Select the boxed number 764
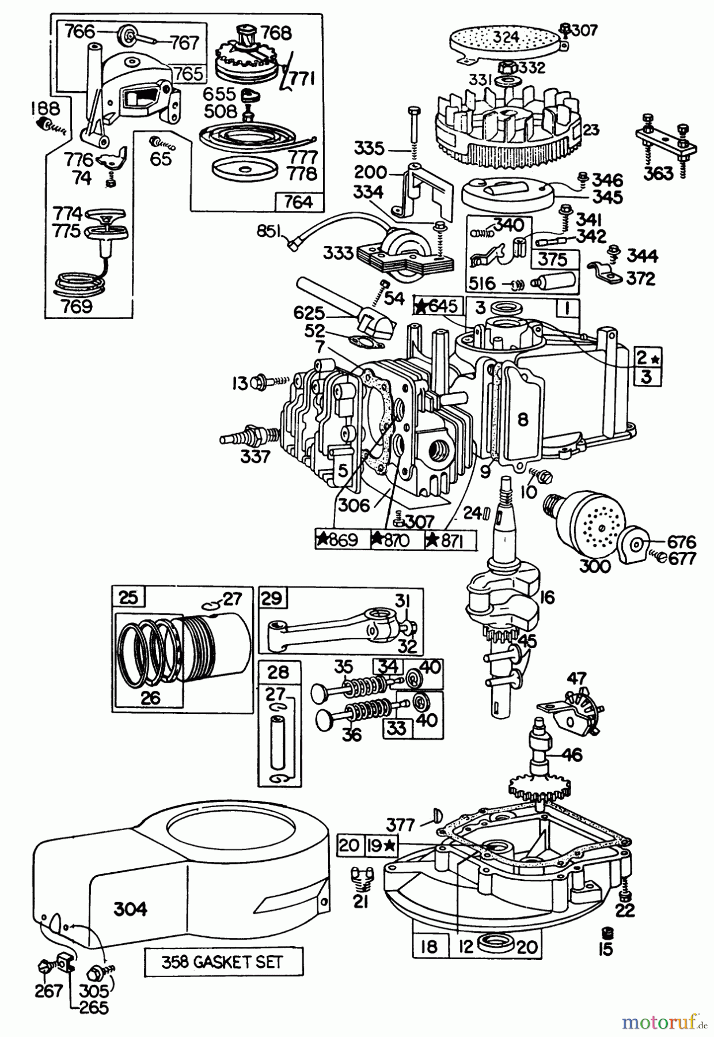tap(299, 202)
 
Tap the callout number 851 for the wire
tap(269, 232)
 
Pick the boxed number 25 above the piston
tap(129, 598)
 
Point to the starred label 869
tap(340, 540)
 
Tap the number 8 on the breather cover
tap(522, 419)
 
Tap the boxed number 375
tap(552, 259)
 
